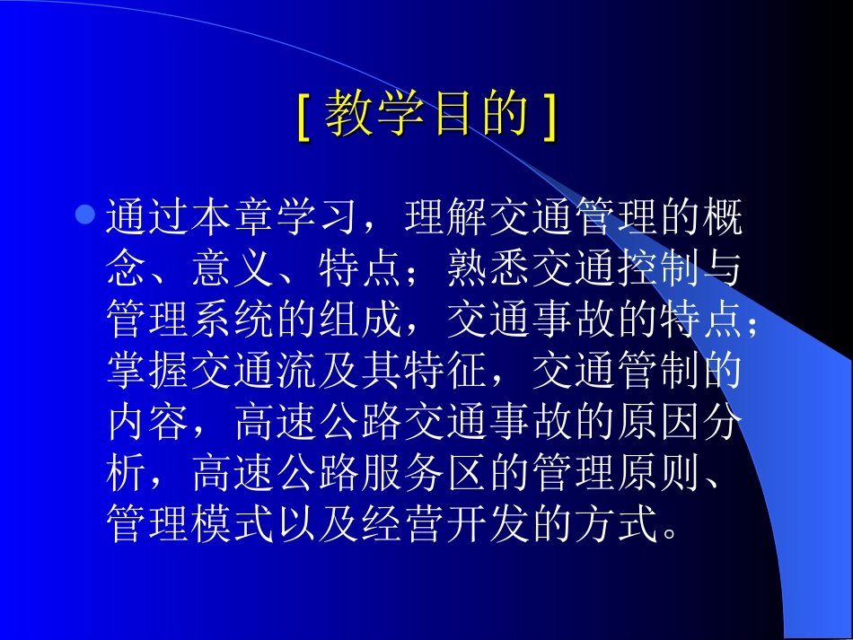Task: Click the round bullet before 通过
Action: (x=85, y=215)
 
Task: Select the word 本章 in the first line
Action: (x=233, y=217)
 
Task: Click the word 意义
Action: (x=233, y=268)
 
